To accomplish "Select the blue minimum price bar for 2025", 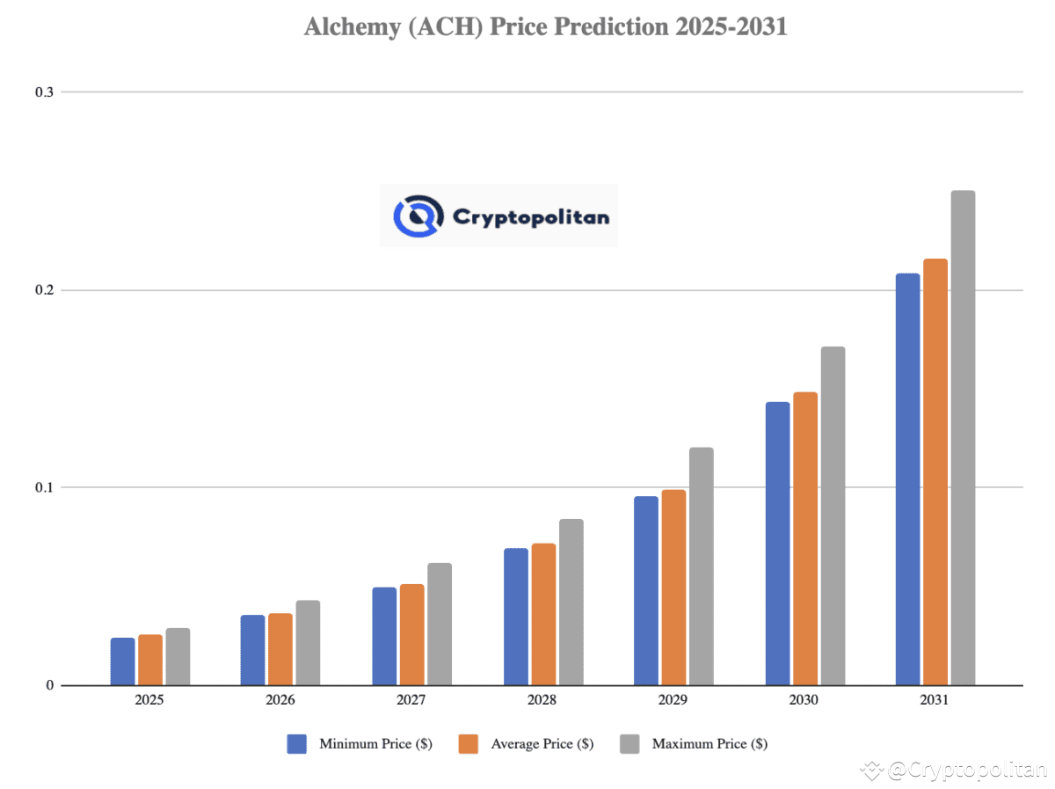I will coord(123,661).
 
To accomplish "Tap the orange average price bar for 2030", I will coord(805,538).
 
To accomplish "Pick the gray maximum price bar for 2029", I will coord(701,566).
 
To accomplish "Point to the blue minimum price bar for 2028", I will coord(516,617).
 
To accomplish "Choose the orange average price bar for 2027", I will coord(411,634).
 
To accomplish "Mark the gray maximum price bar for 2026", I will coord(308,643).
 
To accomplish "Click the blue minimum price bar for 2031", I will coord(907,479).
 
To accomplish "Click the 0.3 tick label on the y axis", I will coord(44,92).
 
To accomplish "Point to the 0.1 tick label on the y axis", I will coord(44,487).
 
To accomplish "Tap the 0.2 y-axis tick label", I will coord(44,290).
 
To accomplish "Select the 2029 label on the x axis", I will coord(673,701).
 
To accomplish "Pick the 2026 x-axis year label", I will coord(280,701).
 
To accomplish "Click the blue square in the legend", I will coord(296,744).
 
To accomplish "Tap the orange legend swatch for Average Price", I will coord(468,744).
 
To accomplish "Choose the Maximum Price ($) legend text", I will coord(709,744).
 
